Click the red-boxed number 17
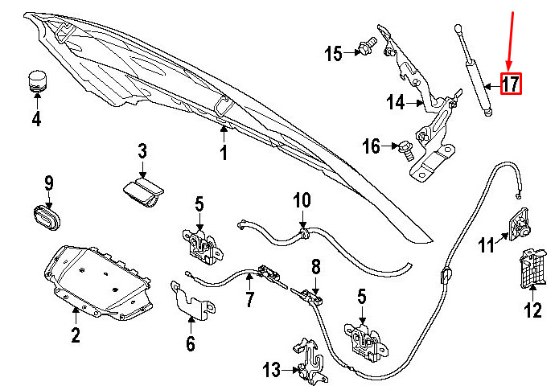[x=511, y=84]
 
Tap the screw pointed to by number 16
[x=405, y=150]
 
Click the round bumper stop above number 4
[x=38, y=81]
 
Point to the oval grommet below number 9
[x=47, y=217]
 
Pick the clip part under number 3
[x=143, y=193]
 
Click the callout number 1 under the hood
[x=224, y=153]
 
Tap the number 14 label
[x=396, y=102]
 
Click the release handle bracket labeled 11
[x=518, y=224]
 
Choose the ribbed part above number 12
[x=532, y=268]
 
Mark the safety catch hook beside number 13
[x=310, y=361]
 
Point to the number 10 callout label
[x=302, y=201]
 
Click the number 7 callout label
[x=249, y=299]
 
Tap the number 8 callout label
[x=316, y=267]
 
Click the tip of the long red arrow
[x=509, y=69]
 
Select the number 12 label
[x=533, y=310]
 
